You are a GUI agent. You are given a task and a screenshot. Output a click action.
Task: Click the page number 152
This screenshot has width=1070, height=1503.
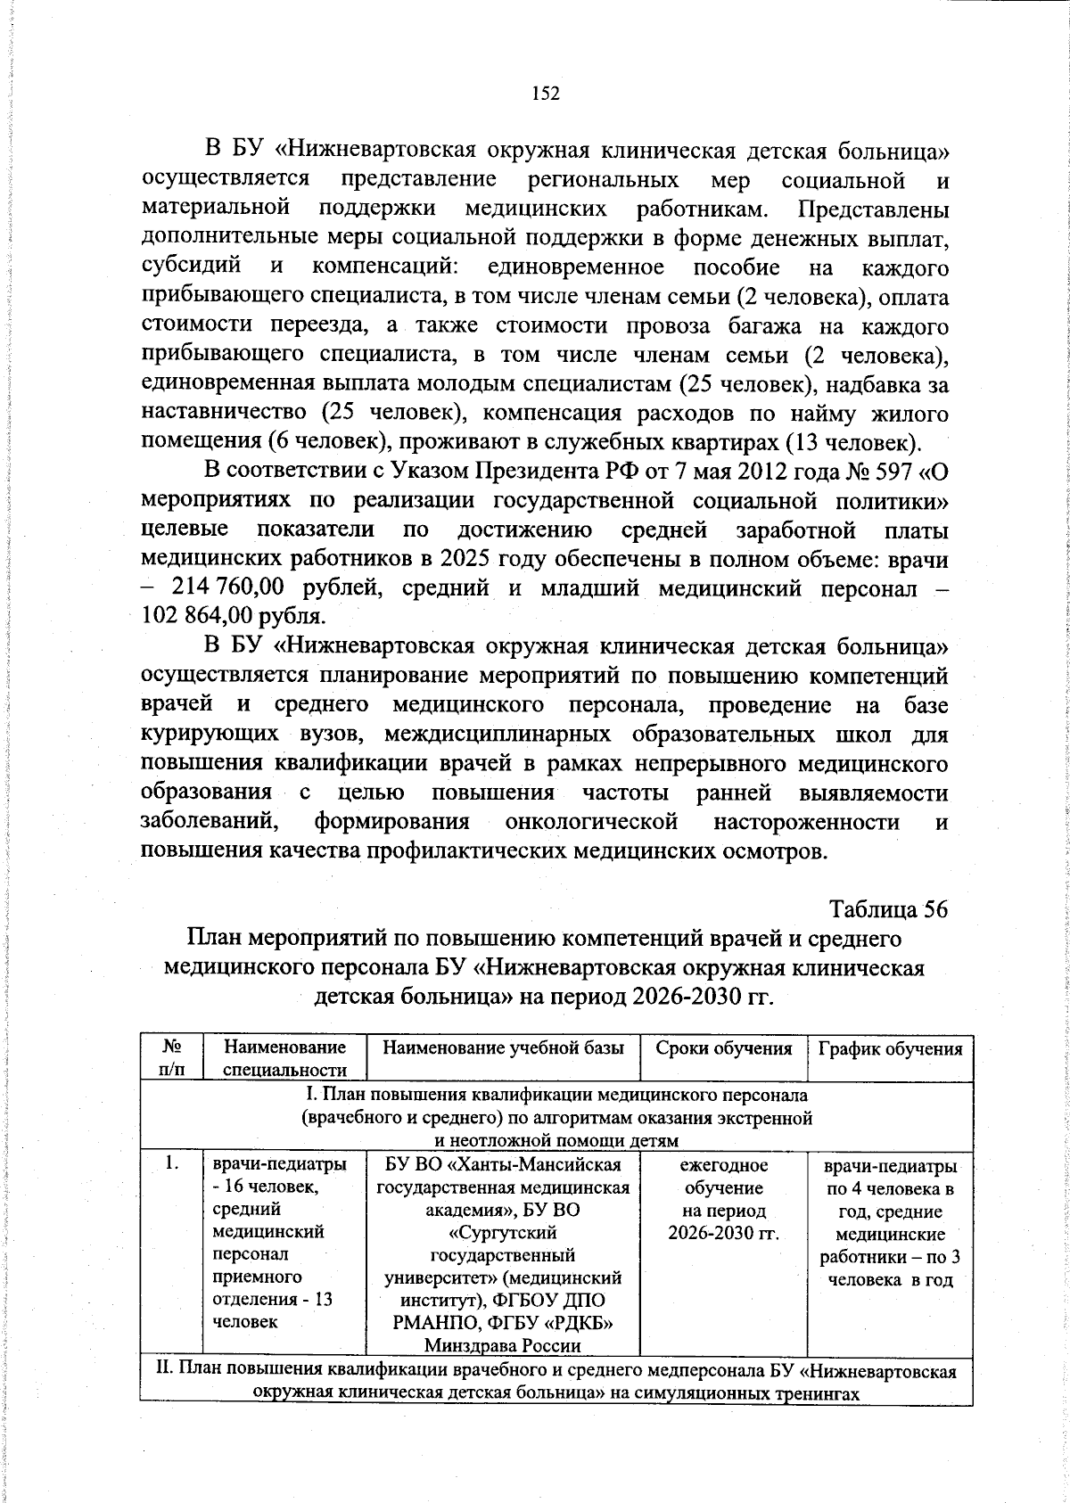pyautogui.click(x=545, y=94)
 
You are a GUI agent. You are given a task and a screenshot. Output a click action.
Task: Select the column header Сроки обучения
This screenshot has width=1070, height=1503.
pyautogui.click(x=723, y=1048)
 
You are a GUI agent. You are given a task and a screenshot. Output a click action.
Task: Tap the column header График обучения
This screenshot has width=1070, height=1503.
pyautogui.click(x=890, y=1048)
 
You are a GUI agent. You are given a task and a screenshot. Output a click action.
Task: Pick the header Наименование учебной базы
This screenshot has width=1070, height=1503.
pyautogui.click(x=503, y=1048)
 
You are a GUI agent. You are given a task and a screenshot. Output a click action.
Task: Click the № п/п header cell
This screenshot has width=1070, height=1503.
pyautogui.click(x=172, y=1058)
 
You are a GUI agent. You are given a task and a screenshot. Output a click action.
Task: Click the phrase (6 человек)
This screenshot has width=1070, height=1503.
pyautogui.click(x=326, y=442)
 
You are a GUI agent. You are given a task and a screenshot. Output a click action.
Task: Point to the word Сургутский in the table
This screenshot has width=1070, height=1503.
pyautogui.click(x=503, y=1233)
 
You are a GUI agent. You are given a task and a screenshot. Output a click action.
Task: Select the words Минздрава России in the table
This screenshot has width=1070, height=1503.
pyautogui.click(x=503, y=1345)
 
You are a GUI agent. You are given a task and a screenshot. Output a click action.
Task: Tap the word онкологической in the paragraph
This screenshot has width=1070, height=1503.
pyautogui.click(x=591, y=821)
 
